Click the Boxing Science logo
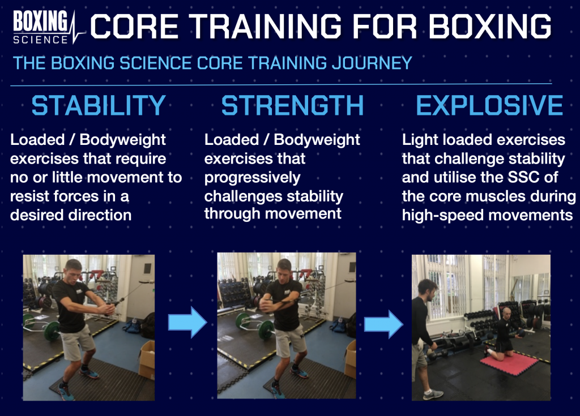point(49,27)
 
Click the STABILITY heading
point(99,105)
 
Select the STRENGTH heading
point(293,105)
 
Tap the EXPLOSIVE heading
point(489,105)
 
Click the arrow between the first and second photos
point(187,322)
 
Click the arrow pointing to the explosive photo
point(383,324)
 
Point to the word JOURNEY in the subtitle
point(372,63)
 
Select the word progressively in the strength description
point(252,178)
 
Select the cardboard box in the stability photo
point(147,359)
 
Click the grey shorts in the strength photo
point(291,340)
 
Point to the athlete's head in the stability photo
point(73,270)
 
